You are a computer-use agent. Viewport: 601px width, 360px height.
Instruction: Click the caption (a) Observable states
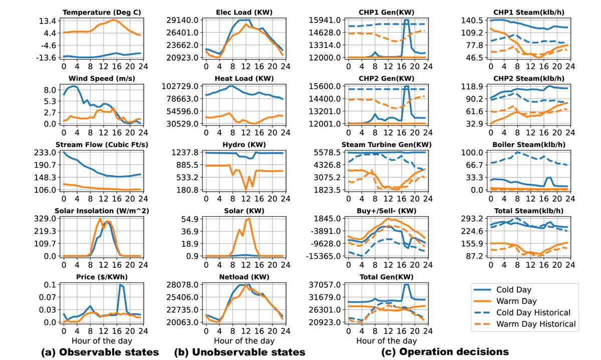pyautogui.click(x=100, y=352)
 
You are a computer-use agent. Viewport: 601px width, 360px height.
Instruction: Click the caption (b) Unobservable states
pyautogui.click(x=239, y=352)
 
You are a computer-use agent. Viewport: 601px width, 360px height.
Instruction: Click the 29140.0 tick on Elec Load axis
pyautogui.click(x=183, y=20)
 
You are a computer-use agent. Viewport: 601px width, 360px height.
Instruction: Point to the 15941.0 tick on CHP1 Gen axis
pyautogui.click(x=329, y=20)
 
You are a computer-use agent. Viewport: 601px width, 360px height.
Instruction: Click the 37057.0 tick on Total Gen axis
pyautogui.click(x=329, y=284)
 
